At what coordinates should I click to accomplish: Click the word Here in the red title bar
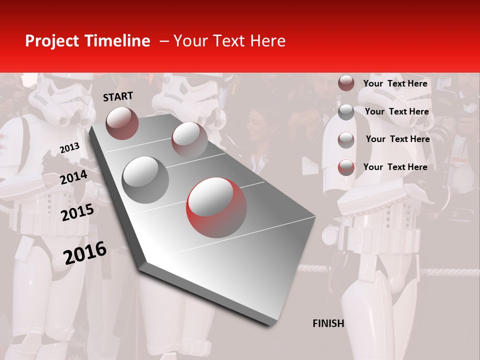[x=267, y=41]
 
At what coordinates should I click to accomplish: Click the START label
[x=118, y=96]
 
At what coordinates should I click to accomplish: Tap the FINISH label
[x=328, y=323]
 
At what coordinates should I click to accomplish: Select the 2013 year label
[x=69, y=148]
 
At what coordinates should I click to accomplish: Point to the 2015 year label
[x=77, y=212]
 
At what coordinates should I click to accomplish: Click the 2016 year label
[x=85, y=252]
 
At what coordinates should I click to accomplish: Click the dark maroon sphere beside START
[x=122, y=123]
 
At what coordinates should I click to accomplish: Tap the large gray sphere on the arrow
[x=145, y=179]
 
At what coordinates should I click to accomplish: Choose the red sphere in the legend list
[x=346, y=167]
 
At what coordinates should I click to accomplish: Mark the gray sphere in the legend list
[x=346, y=112]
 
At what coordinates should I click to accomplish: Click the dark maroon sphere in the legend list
[x=346, y=83]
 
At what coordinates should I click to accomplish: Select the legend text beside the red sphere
[x=395, y=167]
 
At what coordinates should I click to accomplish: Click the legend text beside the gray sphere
[x=396, y=111]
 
